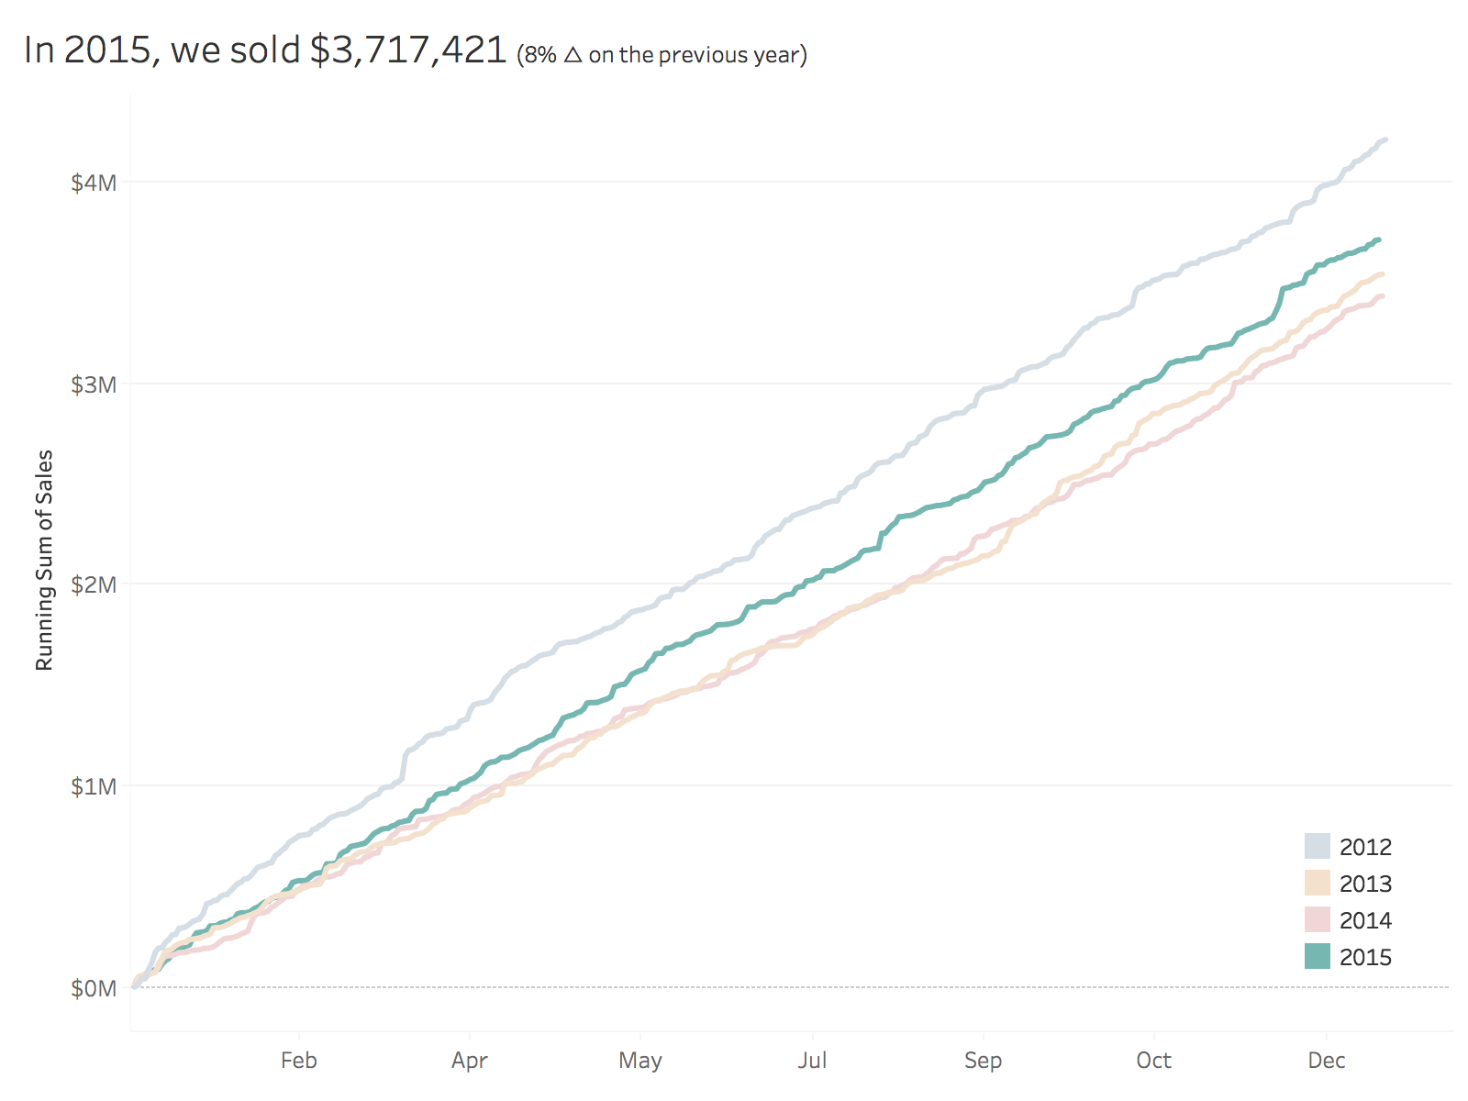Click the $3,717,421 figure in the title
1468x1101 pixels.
408,50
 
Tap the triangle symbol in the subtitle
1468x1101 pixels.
573,55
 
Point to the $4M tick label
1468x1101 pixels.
95,183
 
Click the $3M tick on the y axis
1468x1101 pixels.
95,384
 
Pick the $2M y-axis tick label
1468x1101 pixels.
95,585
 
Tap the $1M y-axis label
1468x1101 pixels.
95,786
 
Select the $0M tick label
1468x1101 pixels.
95,988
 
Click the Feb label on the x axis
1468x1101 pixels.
299,1061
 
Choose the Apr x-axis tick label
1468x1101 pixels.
470,1061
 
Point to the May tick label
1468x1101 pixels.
640,1061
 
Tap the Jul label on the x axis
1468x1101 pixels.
812,1061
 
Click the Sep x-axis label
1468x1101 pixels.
983,1061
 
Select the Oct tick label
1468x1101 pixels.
1154,1061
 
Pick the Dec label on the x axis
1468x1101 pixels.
1327,1061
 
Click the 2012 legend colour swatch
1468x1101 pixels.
1318,846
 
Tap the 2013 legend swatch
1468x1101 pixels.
1318,883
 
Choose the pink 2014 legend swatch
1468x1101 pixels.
1318,919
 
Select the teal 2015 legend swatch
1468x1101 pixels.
1318,956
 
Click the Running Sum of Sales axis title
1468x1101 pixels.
44,561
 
